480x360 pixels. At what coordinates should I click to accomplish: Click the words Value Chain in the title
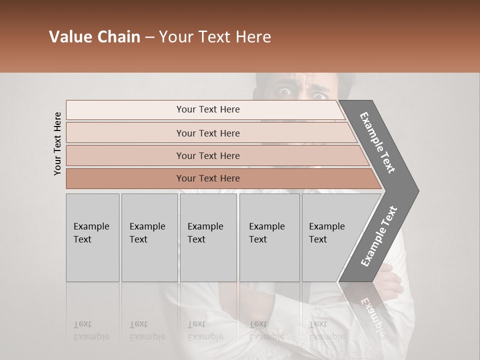coord(94,37)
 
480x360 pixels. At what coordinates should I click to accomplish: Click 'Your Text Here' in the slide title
coord(215,37)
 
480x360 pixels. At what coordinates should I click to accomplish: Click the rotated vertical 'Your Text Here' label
coord(57,143)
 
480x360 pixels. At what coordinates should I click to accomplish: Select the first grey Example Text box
coord(92,237)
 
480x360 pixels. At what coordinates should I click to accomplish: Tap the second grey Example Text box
coord(149,237)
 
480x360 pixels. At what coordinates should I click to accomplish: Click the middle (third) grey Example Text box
coord(208,237)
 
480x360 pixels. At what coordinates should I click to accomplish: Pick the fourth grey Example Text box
coord(269,237)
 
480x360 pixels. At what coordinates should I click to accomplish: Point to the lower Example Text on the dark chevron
coord(379,236)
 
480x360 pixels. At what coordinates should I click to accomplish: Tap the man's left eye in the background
coord(285,91)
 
